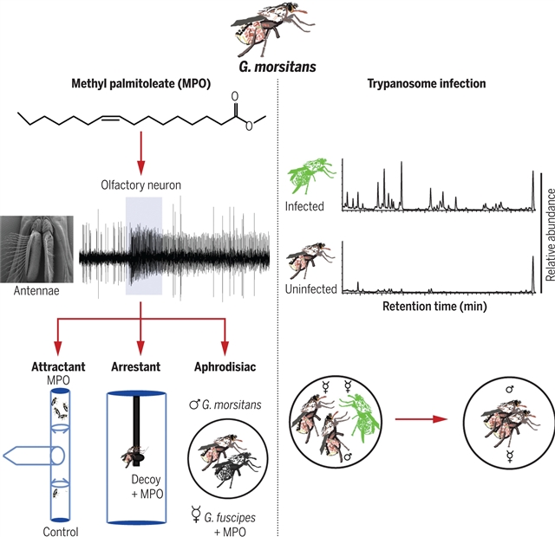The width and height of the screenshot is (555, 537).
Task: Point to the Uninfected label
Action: [310, 289]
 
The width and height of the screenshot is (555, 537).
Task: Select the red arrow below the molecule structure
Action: [140, 156]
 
